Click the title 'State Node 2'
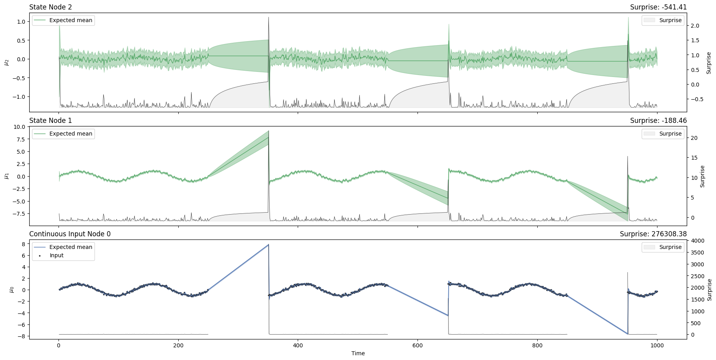point(51,7)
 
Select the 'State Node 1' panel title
point(51,121)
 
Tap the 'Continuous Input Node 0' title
point(70,234)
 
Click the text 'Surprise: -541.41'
point(658,7)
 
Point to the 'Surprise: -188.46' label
point(658,121)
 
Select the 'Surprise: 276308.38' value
point(653,234)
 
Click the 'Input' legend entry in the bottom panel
point(57,255)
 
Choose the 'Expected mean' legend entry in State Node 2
point(70,20)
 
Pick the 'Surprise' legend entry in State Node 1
point(670,134)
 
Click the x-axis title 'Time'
point(358,353)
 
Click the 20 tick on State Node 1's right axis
point(694,138)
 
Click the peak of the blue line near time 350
point(268,245)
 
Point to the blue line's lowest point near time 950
point(627,334)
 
